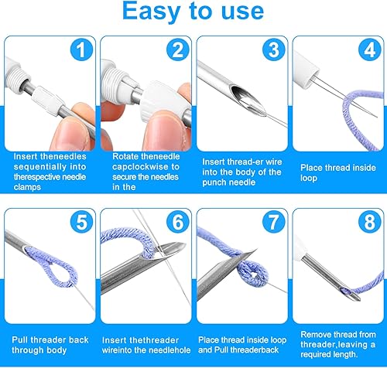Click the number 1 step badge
coord(81,49)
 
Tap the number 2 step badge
coord(178,49)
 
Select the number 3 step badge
coord(274,49)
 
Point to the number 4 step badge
coord(370,49)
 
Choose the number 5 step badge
coord(81,222)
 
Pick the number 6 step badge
coord(178,222)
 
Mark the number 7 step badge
coord(274,222)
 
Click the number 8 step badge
coord(370,222)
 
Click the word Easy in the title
coord(151,12)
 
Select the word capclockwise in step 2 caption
coord(140,167)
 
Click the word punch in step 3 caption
coord(213,182)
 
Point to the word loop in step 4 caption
coord(309,179)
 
